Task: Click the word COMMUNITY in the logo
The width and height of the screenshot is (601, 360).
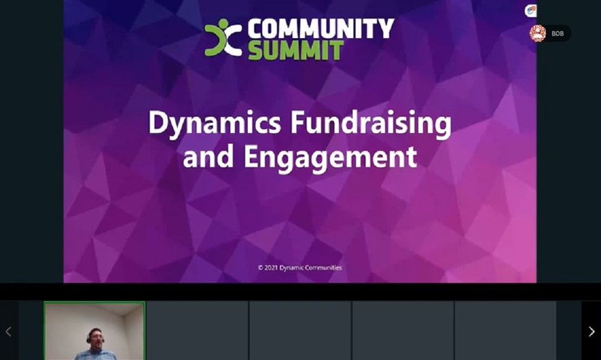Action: click(321, 28)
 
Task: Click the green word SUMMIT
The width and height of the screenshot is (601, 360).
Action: click(296, 51)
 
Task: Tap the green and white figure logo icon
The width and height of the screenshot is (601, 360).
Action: click(223, 38)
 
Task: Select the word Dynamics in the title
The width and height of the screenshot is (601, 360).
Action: click(215, 123)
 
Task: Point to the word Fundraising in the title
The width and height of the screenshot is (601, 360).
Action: click(371, 123)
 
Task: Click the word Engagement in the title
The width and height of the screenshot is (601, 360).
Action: click(330, 157)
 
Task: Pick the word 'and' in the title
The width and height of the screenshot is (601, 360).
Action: click(208, 157)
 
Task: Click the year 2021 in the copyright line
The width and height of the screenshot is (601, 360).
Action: click(271, 268)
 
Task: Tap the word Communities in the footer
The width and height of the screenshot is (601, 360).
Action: click(323, 268)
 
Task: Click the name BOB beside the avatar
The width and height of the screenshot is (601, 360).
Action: click(558, 33)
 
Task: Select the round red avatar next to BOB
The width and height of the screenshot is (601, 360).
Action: click(538, 33)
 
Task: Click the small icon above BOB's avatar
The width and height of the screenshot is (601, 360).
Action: click(531, 11)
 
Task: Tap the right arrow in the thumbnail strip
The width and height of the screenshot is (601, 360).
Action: click(592, 331)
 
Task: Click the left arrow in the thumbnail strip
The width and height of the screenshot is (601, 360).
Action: click(8, 331)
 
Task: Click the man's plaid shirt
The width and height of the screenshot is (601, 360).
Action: click(96, 355)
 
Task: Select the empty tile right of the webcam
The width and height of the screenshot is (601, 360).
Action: click(197, 331)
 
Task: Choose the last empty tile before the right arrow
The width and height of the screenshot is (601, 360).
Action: click(505, 331)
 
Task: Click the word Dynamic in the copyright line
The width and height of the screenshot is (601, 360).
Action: click(291, 268)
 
